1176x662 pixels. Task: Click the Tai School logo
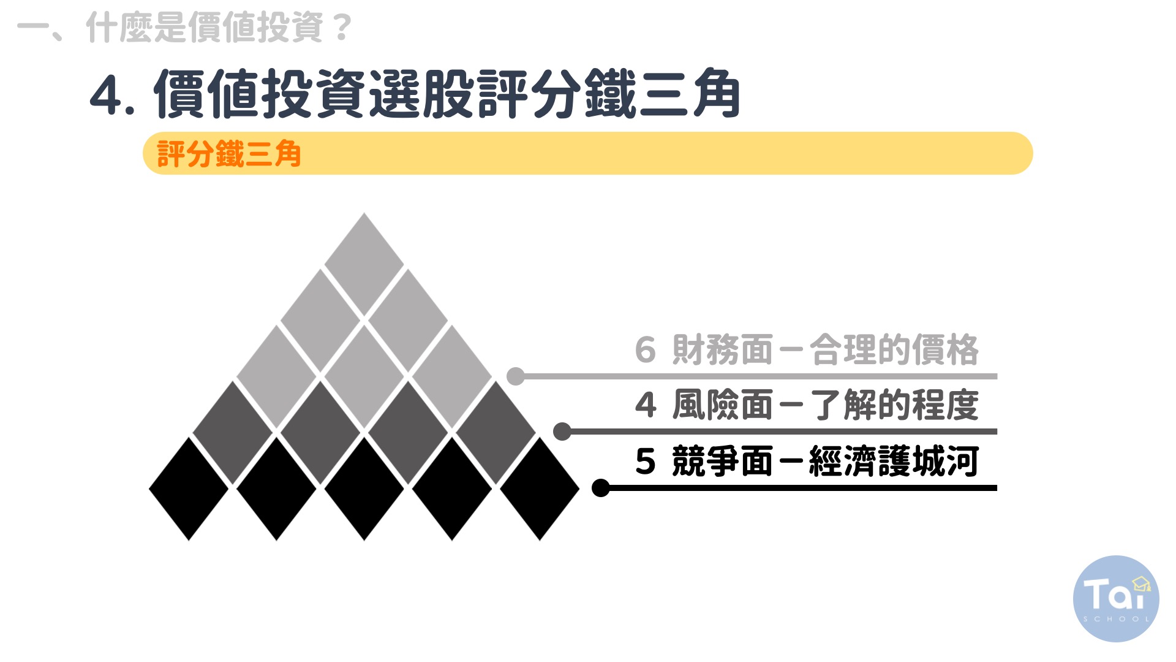(x=1116, y=599)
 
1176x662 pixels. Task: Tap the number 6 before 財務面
(x=645, y=350)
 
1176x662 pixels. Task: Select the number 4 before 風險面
(x=646, y=405)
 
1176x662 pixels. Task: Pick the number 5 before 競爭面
(x=646, y=462)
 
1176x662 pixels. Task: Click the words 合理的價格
(x=894, y=350)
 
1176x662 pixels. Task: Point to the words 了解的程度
(x=894, y=405)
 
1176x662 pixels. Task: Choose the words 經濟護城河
(x=894, y=462)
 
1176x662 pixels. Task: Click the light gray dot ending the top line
(x=516, y=376)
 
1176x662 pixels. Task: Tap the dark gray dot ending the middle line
(x=562, y=432)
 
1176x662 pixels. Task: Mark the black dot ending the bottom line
(x=601, y=488)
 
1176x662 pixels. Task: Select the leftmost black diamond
(x=189, y=489)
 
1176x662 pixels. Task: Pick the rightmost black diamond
(x=540, y=489)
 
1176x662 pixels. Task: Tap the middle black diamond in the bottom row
(x=364, y=489)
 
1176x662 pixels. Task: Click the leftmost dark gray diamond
(x=233, y=433)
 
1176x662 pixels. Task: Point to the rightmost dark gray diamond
(x=496, y=433)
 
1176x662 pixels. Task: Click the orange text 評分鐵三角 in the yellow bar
(x=229, y=154)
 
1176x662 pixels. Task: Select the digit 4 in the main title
(x=105, y=96)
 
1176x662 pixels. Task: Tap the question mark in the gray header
(x=344, y=28)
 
